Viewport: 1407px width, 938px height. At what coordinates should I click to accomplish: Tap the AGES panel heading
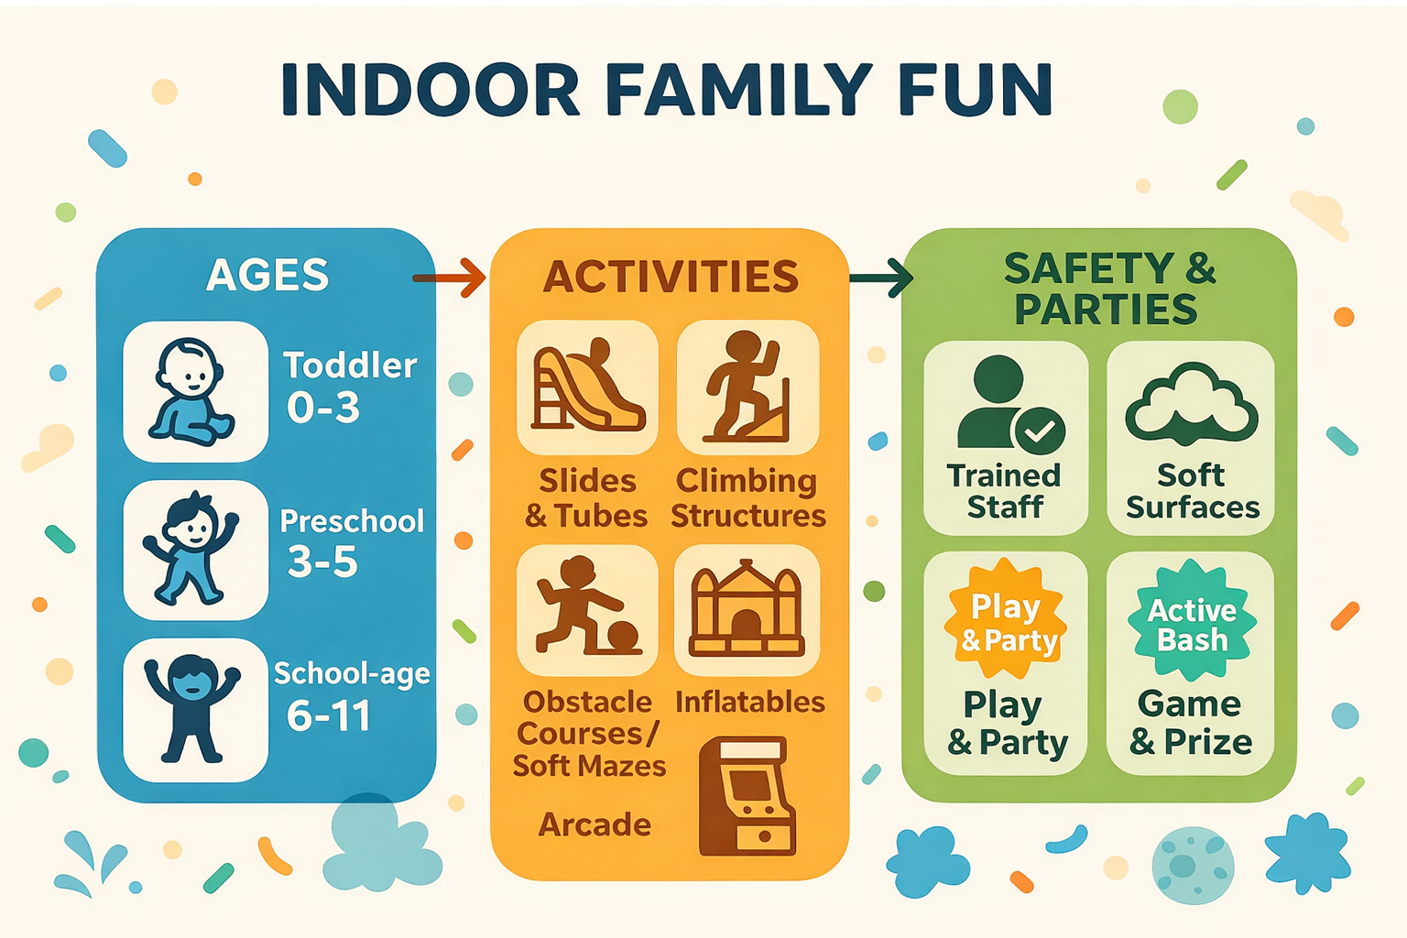(267, 275)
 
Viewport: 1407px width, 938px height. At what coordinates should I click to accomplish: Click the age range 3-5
(322, 562)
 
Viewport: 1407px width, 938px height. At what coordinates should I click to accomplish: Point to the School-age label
(352, 674)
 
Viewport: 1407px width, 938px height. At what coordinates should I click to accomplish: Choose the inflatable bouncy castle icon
(747, 610)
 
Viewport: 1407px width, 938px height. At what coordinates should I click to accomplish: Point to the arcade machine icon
(747, 796)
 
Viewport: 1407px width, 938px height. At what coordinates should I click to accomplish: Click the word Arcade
(594, 824)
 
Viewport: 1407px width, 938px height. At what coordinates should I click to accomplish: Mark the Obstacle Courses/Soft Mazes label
(589, 734)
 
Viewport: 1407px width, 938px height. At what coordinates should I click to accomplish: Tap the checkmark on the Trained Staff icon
(1040, 431)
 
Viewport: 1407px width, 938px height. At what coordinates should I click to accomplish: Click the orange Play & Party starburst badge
(1005, 622)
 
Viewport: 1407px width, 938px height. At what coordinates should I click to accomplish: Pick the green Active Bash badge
(1191, 622)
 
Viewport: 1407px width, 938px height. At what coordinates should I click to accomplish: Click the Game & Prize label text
(1190, 723)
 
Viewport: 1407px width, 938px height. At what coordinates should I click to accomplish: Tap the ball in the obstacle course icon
(624, 637)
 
